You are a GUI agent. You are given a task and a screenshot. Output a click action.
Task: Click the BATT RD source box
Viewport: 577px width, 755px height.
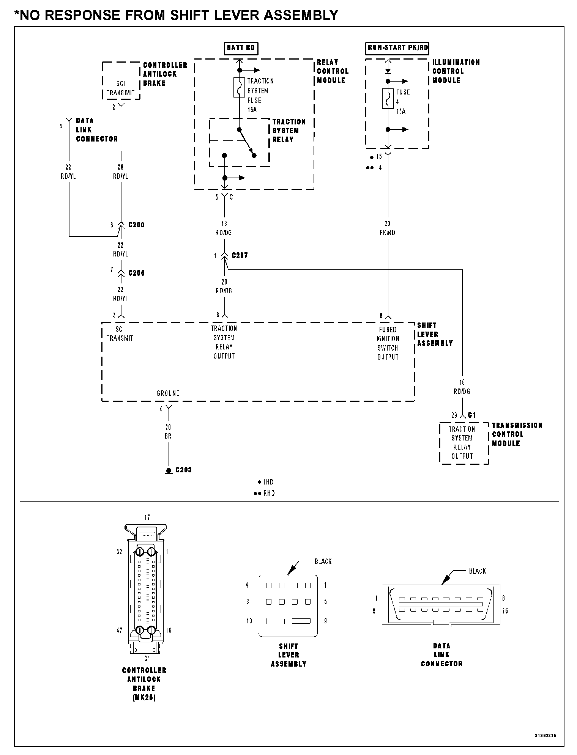pos(241,48)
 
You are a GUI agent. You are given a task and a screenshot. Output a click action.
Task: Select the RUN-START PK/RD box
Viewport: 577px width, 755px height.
pos(397,48)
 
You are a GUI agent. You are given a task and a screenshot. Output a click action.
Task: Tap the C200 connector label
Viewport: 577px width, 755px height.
pos(136,225)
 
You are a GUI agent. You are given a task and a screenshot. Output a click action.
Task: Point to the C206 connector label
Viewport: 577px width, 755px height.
pos(136,273)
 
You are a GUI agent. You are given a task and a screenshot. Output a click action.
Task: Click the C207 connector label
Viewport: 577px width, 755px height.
pos(240,255)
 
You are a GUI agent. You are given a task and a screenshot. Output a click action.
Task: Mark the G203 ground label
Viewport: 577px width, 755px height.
pos(183,470)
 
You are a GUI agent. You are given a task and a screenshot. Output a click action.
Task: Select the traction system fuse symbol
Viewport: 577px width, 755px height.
pos(239,88)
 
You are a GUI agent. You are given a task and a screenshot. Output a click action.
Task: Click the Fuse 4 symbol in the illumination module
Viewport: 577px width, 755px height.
pos(388,99)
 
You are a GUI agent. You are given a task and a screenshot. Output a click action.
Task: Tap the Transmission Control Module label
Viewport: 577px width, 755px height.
pos(517,434)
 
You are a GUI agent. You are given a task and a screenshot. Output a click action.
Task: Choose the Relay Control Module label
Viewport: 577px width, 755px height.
pos(333,71)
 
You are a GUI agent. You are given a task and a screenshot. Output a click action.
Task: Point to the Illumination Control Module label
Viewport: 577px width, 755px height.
pos(456,71)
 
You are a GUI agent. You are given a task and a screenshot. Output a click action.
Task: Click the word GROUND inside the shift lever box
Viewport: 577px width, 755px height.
pos(168,393)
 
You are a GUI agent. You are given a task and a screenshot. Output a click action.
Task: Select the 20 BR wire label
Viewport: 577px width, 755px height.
pos(168,432)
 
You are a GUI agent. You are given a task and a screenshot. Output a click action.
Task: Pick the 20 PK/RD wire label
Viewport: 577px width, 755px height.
pos(387,228)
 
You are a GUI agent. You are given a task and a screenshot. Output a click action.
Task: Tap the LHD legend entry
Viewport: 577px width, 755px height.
pos(266,482)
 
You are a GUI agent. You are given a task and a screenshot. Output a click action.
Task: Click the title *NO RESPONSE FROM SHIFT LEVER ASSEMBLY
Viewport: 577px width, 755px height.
pos(176,15)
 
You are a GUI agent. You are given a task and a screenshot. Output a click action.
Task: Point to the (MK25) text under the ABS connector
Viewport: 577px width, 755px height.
pos(144,697)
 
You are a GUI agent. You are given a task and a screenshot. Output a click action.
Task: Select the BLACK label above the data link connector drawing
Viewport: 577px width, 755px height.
pos(477,571)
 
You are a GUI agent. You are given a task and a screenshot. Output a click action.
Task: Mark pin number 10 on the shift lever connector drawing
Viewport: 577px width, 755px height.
pos(249,621)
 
